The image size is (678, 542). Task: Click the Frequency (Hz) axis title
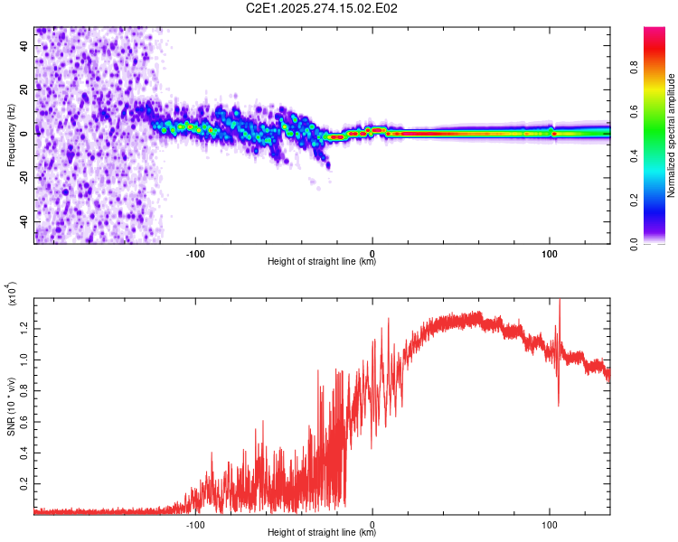point(11,135)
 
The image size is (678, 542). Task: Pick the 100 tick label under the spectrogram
point(550,252)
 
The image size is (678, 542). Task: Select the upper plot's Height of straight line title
point(322,262)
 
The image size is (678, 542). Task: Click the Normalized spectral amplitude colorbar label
point(672,135)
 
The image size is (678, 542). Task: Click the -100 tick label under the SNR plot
point(195,523)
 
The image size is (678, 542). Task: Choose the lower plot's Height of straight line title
point(322,532)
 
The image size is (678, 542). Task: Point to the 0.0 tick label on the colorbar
point(636,243)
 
